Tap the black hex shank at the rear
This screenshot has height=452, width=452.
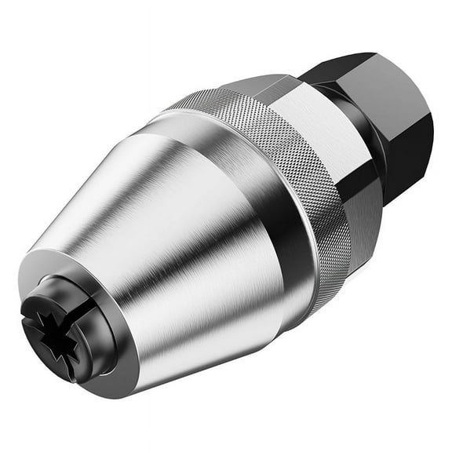click(x=392, y=110)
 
